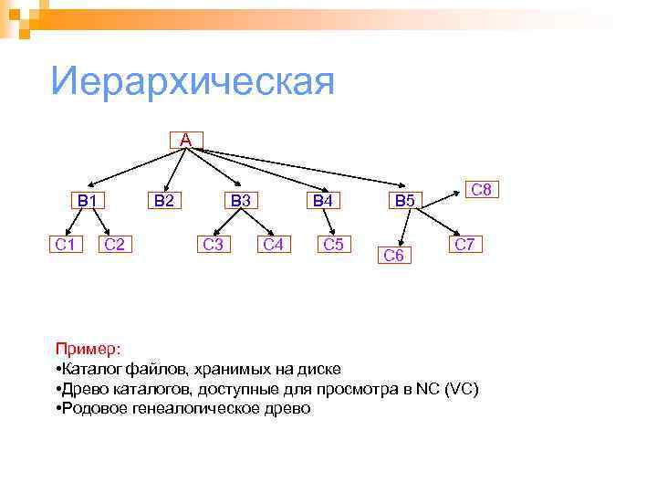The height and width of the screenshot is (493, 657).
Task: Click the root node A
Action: tap(186, 140)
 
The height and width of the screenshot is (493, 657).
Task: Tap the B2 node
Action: tap(166, 200)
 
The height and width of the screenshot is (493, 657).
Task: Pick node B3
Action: tap(243, 200)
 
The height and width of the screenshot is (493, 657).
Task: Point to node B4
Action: tap(323, 200)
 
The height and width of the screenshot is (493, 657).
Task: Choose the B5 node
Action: tap(402, 200)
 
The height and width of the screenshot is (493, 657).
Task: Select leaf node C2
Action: tap(115, 244)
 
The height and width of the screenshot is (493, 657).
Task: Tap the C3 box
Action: tap(214, 244)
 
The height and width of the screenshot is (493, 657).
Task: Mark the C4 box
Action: tap(272, 244)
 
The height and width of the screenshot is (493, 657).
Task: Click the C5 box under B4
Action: tap(333, 244)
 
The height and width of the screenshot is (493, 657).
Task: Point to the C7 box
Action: tap(465, 244)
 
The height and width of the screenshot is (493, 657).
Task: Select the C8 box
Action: tap(480, 190)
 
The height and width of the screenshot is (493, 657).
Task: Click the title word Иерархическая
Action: tap(193, 82)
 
